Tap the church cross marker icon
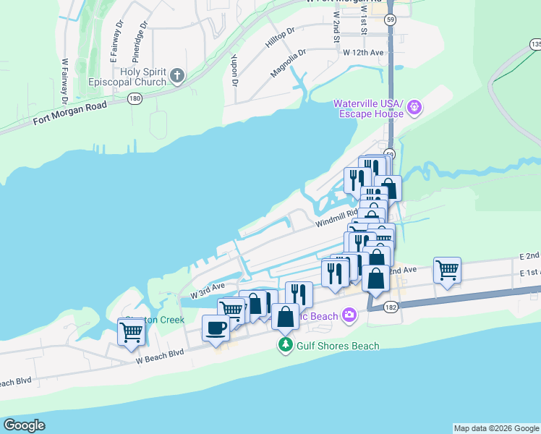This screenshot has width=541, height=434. (178, 75)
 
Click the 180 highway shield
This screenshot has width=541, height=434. (134, 98)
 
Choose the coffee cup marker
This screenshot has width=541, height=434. (216, 328)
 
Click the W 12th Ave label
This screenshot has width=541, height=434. (363, 53)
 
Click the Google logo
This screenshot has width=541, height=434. (24, 425)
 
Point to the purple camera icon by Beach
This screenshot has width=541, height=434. (351, 315)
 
